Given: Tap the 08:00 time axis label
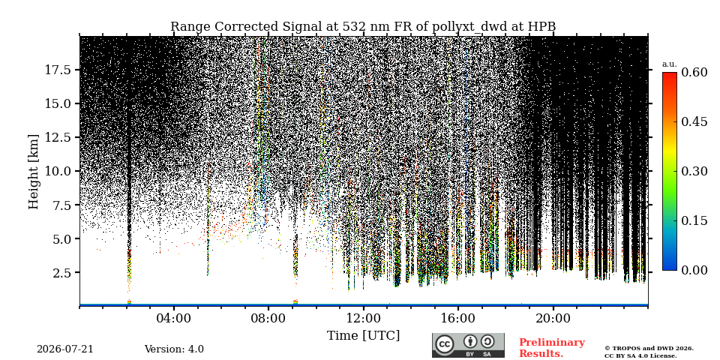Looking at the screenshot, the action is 268,319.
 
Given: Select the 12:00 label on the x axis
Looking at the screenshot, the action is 363,319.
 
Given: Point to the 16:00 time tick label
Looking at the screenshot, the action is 458,319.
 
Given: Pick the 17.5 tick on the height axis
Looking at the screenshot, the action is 58,70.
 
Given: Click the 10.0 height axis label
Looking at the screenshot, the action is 58,171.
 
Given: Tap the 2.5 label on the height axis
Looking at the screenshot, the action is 61,273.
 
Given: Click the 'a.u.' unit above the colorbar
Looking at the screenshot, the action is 669,64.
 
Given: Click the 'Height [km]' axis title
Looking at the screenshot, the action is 34,172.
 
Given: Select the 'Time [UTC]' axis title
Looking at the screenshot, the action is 363,336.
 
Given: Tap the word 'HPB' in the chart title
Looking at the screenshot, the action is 541,27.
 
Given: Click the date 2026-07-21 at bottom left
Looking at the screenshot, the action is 65,349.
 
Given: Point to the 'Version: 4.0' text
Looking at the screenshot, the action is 174,349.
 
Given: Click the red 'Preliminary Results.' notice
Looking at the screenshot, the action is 552,348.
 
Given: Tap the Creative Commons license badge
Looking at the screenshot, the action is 468,345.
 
